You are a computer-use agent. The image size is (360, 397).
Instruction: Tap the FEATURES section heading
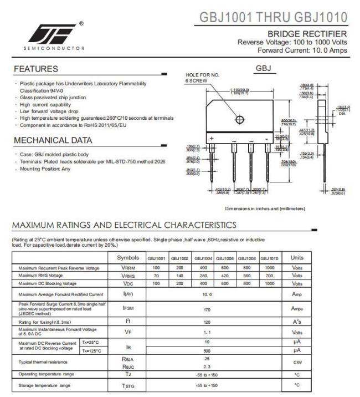click(x=36, y=69)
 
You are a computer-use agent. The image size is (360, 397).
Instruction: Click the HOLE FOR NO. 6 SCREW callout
click(x=203, y=77)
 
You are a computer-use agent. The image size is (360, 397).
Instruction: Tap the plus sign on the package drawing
click(x=212, y=138)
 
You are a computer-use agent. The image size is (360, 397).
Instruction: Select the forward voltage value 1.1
click(x=207, y=332)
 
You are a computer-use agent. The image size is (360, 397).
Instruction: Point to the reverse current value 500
click(x=207, y=350)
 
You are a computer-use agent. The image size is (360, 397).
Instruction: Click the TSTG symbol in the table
click(x=128, y=385)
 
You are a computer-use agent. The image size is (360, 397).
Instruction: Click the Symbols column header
click(x=128, y=258)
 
